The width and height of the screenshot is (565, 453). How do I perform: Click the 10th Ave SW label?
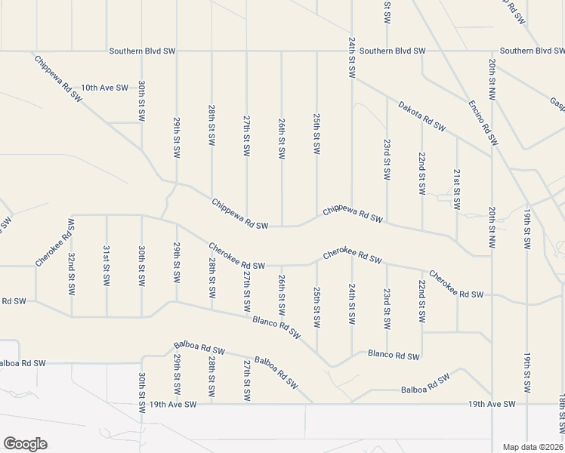pyautogui.click(x=104, y=88)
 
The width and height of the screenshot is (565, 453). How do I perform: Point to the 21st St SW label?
pyautogui.click(x=457, y=190)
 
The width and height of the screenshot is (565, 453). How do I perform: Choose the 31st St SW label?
pyautogui.click(x=107, y=264)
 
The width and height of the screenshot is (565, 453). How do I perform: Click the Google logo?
pyautogui.click(x=25, y=444)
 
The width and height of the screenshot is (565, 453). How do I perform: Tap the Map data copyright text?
pyautogui.click(x=533, y=446)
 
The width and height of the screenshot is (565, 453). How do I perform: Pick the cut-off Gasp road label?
pyautogui.click(x=557, y=103)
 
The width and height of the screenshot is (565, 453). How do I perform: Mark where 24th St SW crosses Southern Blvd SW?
pyautogui.click(x=352, y=51)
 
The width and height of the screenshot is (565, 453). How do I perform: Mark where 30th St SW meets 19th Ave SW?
pyautogui.click(x=141, y=405)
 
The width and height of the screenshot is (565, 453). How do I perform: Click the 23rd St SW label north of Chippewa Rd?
pyautogui.click(x=387, y=159)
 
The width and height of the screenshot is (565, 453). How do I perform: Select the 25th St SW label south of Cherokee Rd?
pyautogui.click(x=317, y=305)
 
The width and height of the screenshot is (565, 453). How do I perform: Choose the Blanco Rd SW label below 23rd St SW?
pyautogui.click(x=394, y=354)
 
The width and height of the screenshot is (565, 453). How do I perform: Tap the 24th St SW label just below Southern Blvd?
pyautogui.click(x=352, y=57)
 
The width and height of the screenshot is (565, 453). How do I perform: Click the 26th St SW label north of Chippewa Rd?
pyautogui.click(x=281, y=137)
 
